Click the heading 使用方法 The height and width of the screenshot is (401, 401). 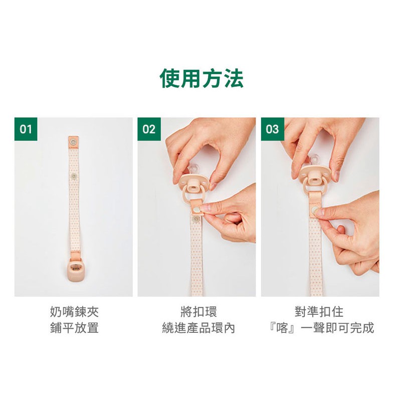click(202, 78)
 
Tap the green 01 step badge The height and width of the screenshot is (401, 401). click(26, 129)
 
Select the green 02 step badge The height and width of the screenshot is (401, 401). click(149, 129)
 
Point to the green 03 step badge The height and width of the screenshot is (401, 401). click(272, 129)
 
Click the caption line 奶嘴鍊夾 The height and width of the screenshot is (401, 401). click(74, 312)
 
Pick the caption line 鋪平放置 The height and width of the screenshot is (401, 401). click(74, 328)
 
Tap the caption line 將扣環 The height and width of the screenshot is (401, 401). click(198, 312)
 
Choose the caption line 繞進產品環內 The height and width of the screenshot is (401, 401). click(198, 328)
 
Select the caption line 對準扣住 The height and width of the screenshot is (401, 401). click(319, 312)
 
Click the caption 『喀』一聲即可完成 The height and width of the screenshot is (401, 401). click(321, 328)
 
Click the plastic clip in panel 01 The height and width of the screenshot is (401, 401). click(74, 271)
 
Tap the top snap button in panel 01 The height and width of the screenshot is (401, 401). click(74, 141)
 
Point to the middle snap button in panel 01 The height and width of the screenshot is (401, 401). click(74, 176)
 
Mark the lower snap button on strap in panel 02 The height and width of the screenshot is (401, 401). click(196, 219)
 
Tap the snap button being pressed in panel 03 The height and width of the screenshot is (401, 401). click(314, 211)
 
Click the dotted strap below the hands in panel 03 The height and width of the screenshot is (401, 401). click(316, 256)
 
